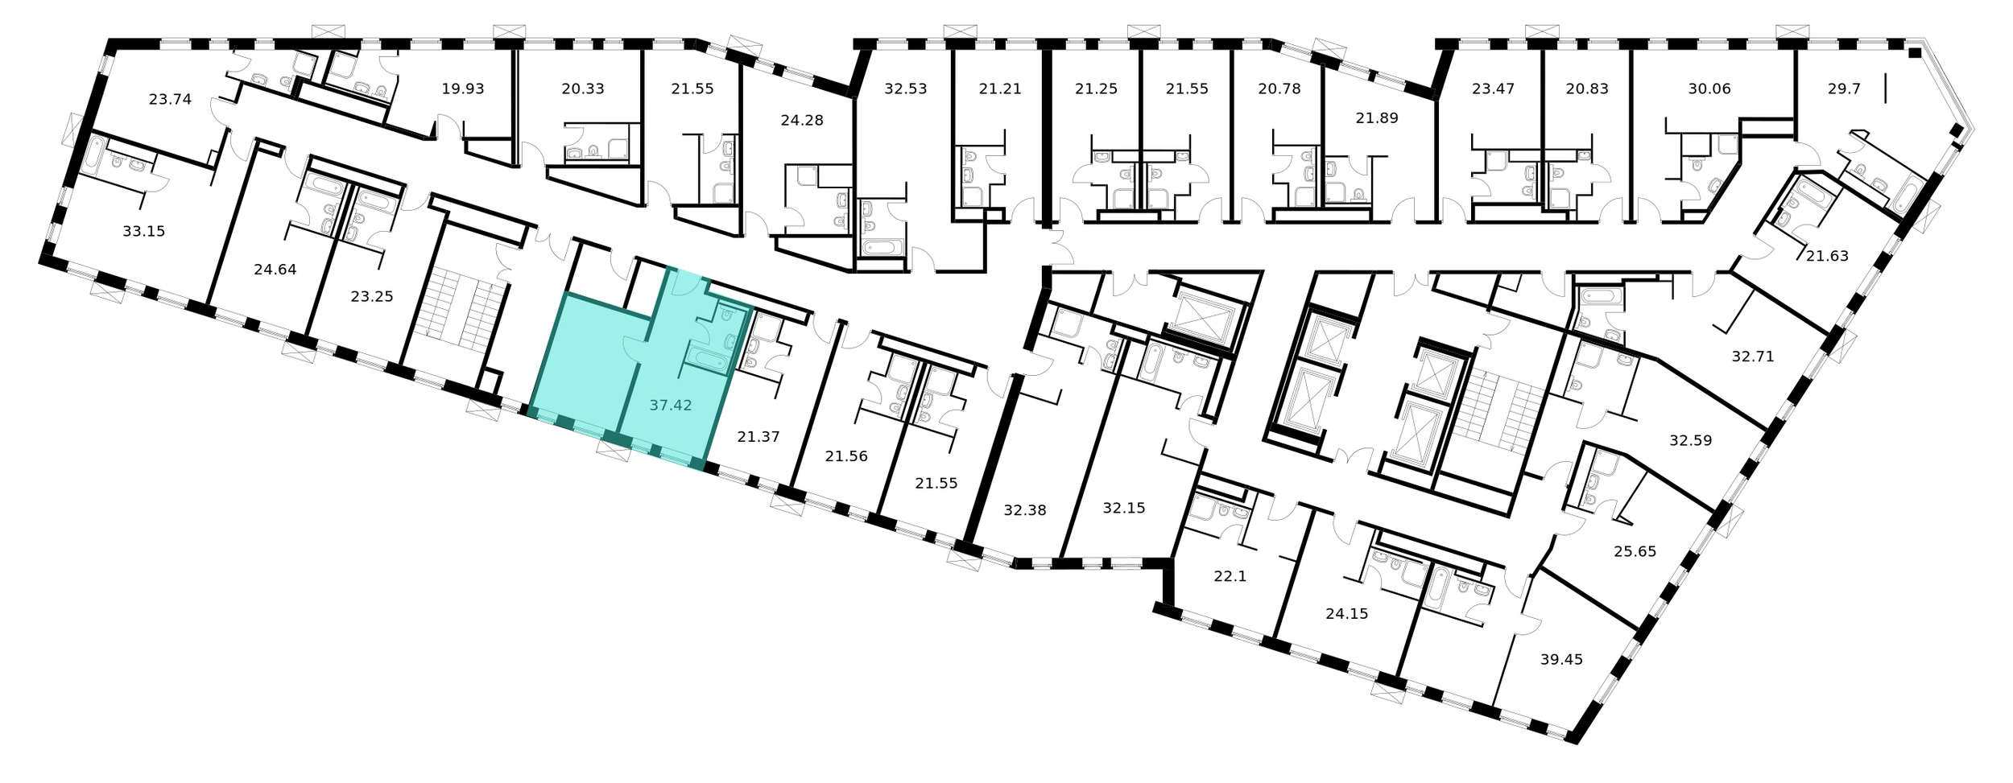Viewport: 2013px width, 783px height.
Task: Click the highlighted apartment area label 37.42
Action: click(x=671, y=405)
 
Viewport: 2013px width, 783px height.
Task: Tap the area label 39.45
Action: click(x=1561, y=659)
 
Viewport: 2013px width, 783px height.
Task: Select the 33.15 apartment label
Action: click(x=143, y=231)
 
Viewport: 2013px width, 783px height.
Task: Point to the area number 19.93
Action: click(x=463, y=89)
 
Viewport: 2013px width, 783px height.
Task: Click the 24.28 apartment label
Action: click(x=802, y=120)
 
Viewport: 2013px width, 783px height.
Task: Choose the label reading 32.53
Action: click(x=906, y=89)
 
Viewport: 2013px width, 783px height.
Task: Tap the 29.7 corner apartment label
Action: click(x=1844, y=89)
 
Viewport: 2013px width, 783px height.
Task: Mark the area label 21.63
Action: click(x=1827, y=256)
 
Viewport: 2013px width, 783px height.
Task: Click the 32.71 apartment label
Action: click(x=1753, y=356)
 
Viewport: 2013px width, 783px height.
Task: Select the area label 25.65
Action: click(x=1635, y=551)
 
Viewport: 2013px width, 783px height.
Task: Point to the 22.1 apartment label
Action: click(x=1230, y=576)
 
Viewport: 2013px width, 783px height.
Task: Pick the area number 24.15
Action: click(x=1347, y=613)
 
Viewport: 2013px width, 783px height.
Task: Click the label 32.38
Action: click(x=1025, y=509)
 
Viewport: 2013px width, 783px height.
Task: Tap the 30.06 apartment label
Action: click(x=1709, y=89)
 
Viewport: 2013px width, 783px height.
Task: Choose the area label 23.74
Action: click(x=170, y=99)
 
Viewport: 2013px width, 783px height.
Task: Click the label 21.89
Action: click(x=1377, y=117)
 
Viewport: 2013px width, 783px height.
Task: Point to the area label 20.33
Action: click(x=583, y=89)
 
